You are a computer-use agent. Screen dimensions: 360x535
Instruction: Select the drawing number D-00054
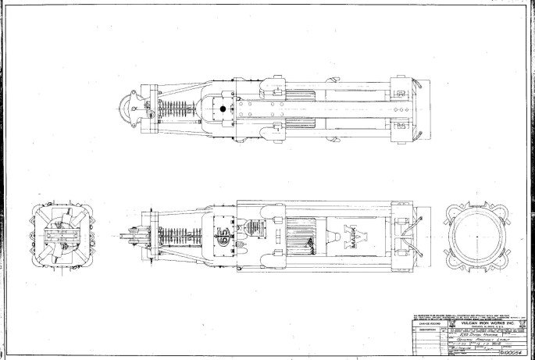click(516, 352)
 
